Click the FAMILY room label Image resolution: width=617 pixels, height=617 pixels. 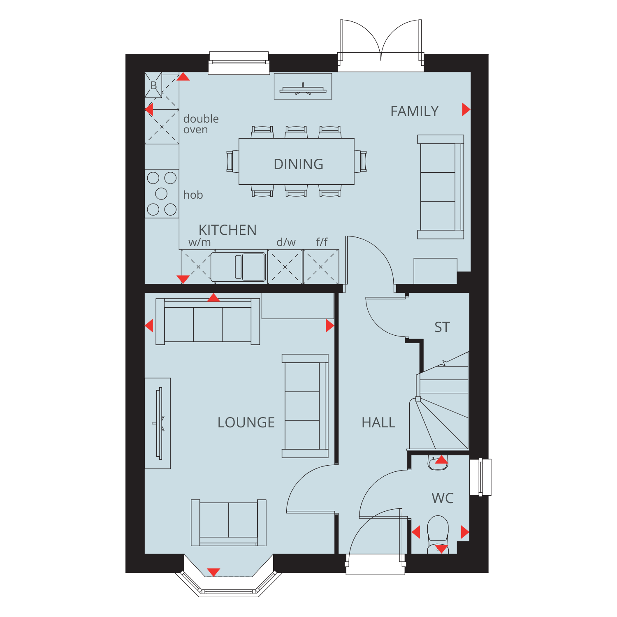click(x=414, y=111)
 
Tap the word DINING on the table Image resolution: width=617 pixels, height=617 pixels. click(x=299, y=164)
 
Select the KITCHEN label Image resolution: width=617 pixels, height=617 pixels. click(x=227, y=230)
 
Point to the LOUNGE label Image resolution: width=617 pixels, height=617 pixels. click(x=246, y=422)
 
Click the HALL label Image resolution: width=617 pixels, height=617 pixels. click(x=378, y=422)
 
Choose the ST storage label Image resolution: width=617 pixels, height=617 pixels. click(x=442, y=327)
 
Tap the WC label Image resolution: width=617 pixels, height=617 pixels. click(x=443, y=498)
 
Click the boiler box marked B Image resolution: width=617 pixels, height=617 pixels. click(x=153, y=85)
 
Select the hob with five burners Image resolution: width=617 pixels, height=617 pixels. click(x=162, y=194)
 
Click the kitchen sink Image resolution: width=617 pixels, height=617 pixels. click(x=239, y=267)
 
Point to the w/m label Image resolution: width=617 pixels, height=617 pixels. click(x=199, y=242)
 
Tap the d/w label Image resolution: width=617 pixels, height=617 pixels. click(x=286, y=242)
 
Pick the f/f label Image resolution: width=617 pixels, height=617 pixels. click(x=322, y=242)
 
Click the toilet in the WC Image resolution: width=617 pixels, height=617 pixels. click(x=438, y=534)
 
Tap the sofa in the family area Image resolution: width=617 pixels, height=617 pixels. click(x=441, y=187)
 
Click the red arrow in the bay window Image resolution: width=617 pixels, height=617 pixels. click(x=213, y=572)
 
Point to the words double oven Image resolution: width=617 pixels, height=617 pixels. click(x=201, y=124)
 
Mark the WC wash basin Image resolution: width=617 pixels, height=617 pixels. click(x=438, y=463)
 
